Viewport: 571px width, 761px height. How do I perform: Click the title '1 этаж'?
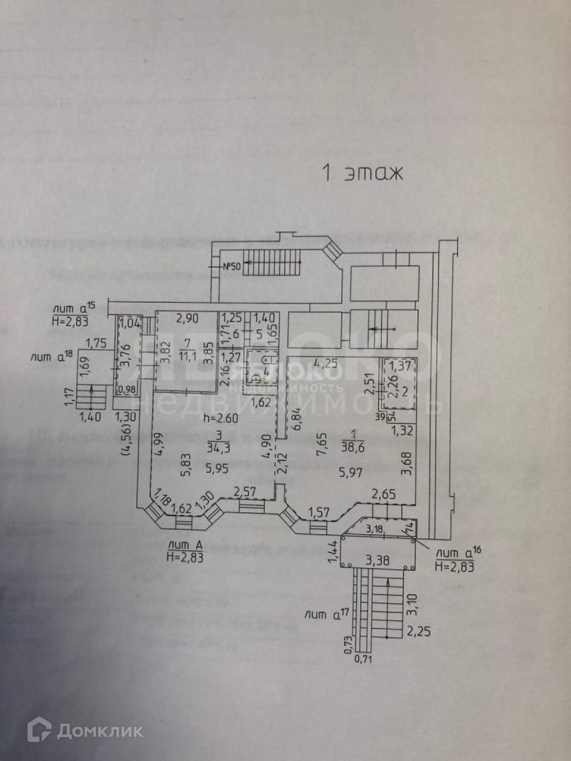point(362,173)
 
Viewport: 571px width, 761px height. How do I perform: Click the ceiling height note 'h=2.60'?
point(219,418)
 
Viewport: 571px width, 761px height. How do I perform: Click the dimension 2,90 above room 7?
point(188,318)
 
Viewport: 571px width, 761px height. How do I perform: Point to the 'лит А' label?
point(183,545)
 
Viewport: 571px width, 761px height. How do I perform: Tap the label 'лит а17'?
point(326,614)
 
